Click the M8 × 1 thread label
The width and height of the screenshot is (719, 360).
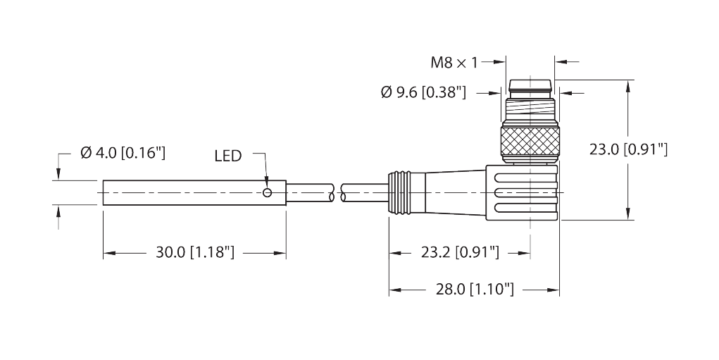point(454,63)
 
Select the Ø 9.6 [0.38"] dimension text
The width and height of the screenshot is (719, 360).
point(423,93)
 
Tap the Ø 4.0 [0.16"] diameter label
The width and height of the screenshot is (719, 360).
point(123,153)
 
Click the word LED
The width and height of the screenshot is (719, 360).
point(228,156)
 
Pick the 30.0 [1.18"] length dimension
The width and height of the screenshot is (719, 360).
point(195,252)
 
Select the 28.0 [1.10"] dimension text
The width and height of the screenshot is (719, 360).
point(475,290)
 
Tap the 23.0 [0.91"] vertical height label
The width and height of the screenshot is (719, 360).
point(628,149)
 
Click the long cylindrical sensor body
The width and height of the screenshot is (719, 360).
point(194,192)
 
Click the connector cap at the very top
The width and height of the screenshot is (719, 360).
point(530,85)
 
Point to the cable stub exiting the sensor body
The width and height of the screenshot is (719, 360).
point(310,192)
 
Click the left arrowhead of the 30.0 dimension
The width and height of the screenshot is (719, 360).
point(108,252)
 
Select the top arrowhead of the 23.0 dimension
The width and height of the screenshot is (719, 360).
point(627,85)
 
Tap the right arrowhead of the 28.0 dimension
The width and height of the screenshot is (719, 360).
point(554,290)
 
